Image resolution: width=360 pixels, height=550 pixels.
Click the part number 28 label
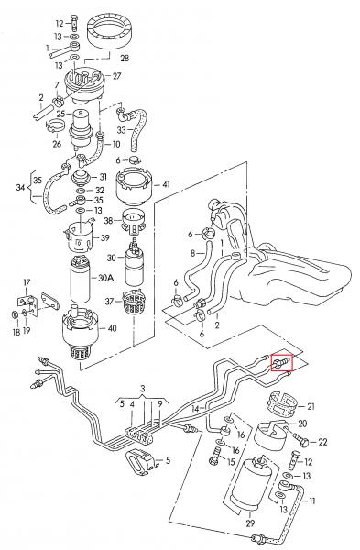click(125, 58)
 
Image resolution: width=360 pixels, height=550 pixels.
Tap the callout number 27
click(116, 76)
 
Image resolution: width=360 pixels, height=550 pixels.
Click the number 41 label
click(166, 184)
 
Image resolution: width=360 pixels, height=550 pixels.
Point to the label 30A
click(106, 278)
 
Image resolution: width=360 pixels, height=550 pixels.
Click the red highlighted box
click(282, 363)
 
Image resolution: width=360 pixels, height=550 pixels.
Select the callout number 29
click(250, 523)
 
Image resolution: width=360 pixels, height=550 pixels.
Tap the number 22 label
click(322, 442)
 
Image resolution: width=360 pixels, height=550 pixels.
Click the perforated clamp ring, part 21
click(283, 405)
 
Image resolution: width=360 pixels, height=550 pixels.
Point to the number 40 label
click(112, 329)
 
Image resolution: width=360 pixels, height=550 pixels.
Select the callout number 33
click(121, 130)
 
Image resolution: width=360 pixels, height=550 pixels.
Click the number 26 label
click(57, 144)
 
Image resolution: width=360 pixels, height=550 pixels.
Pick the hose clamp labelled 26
click(54, 126)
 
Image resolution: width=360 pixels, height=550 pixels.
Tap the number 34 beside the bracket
click(20, 188)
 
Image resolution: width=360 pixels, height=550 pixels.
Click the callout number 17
click(27, 282)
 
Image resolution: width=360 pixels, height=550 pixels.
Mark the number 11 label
click(311, 500)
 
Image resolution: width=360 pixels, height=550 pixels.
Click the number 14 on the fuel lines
click(196, 408)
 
